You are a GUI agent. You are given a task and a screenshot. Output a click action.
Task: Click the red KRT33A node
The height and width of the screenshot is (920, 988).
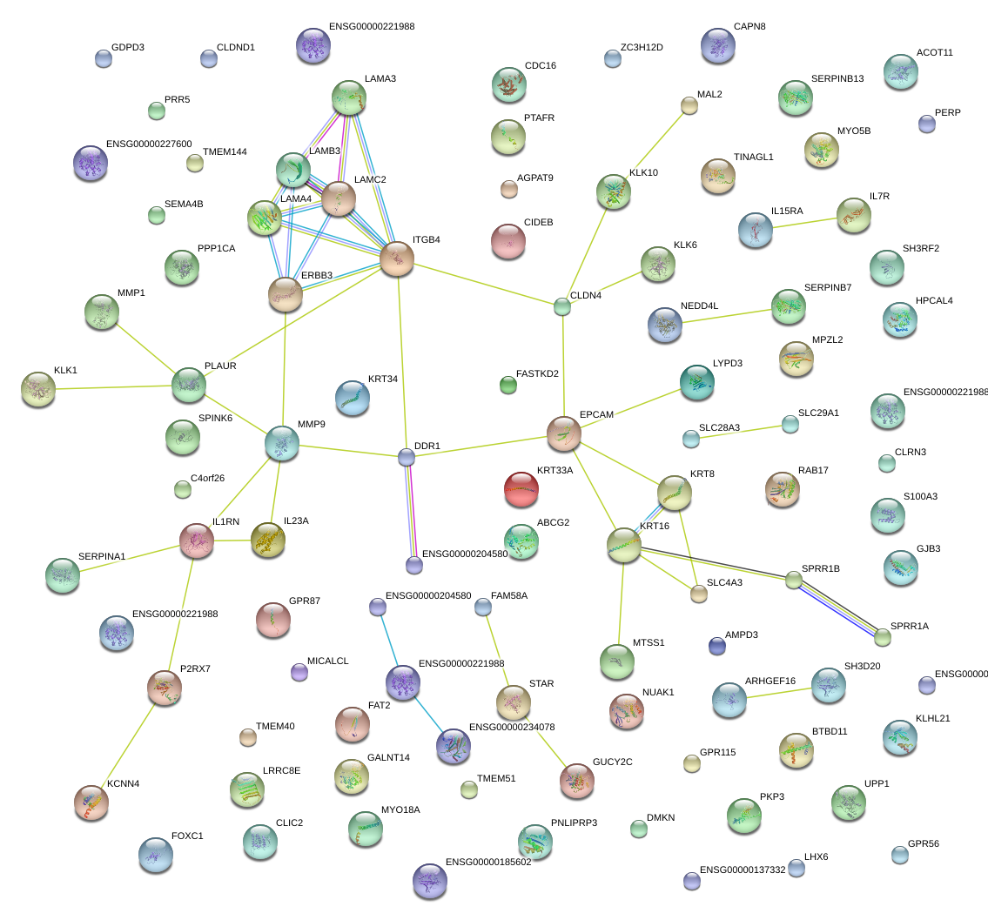tap(521, 489)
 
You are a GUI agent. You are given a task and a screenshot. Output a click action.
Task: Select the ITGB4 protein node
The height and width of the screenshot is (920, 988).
tap(397, 259)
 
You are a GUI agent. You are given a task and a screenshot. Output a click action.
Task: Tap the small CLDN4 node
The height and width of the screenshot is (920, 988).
tap(562, 306)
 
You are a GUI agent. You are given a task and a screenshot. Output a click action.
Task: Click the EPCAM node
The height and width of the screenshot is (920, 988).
tap(564, 433)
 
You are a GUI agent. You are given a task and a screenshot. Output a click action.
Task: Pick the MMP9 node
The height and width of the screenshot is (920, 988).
tap(282, 443)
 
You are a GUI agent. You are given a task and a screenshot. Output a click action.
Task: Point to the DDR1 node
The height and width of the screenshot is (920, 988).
tap(407, 457)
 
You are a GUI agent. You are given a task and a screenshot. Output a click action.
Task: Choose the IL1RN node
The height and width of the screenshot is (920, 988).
tap(197, 541)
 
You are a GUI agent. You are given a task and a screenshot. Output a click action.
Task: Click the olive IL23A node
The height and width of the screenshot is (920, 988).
tap(268, 540)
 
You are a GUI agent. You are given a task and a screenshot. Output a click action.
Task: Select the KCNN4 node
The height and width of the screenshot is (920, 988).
tap(91, 802)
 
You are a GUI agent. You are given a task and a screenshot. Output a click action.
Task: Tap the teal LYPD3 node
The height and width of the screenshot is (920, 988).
tap(696, 382)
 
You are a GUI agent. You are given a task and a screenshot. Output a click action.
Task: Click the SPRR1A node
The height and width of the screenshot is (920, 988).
tap(884, 637)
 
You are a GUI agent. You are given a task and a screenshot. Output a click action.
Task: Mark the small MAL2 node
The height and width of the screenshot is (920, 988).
tap(689, 106)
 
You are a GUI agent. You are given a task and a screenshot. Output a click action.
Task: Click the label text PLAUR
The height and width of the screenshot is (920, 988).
tap(220, 366)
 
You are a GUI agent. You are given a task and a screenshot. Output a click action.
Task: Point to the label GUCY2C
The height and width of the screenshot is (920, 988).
tap(613, 762)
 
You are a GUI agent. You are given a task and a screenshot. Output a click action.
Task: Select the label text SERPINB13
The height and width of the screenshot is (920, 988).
tap(837, 79)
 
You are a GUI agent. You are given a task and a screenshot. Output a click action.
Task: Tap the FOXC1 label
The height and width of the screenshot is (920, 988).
tap(187, 836)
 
